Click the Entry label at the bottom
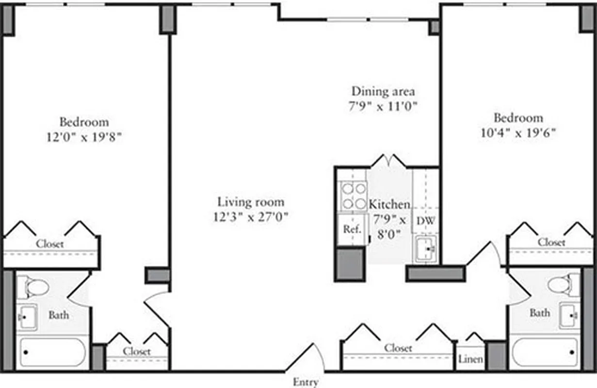click(306, 382)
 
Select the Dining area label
click(383, 91)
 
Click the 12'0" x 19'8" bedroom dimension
click(84, 137)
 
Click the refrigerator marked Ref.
click(352, 229)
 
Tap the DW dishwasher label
click(426, 221)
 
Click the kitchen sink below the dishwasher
click(426, 249)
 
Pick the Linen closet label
click(470, 359)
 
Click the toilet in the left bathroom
click(33, 287)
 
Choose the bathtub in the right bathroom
click(545, 352)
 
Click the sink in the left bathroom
click(27, 317)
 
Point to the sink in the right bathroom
click(569, 315)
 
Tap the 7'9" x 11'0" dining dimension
click(383, 106)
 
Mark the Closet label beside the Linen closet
click(398, 348)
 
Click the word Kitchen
click(389, 204)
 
